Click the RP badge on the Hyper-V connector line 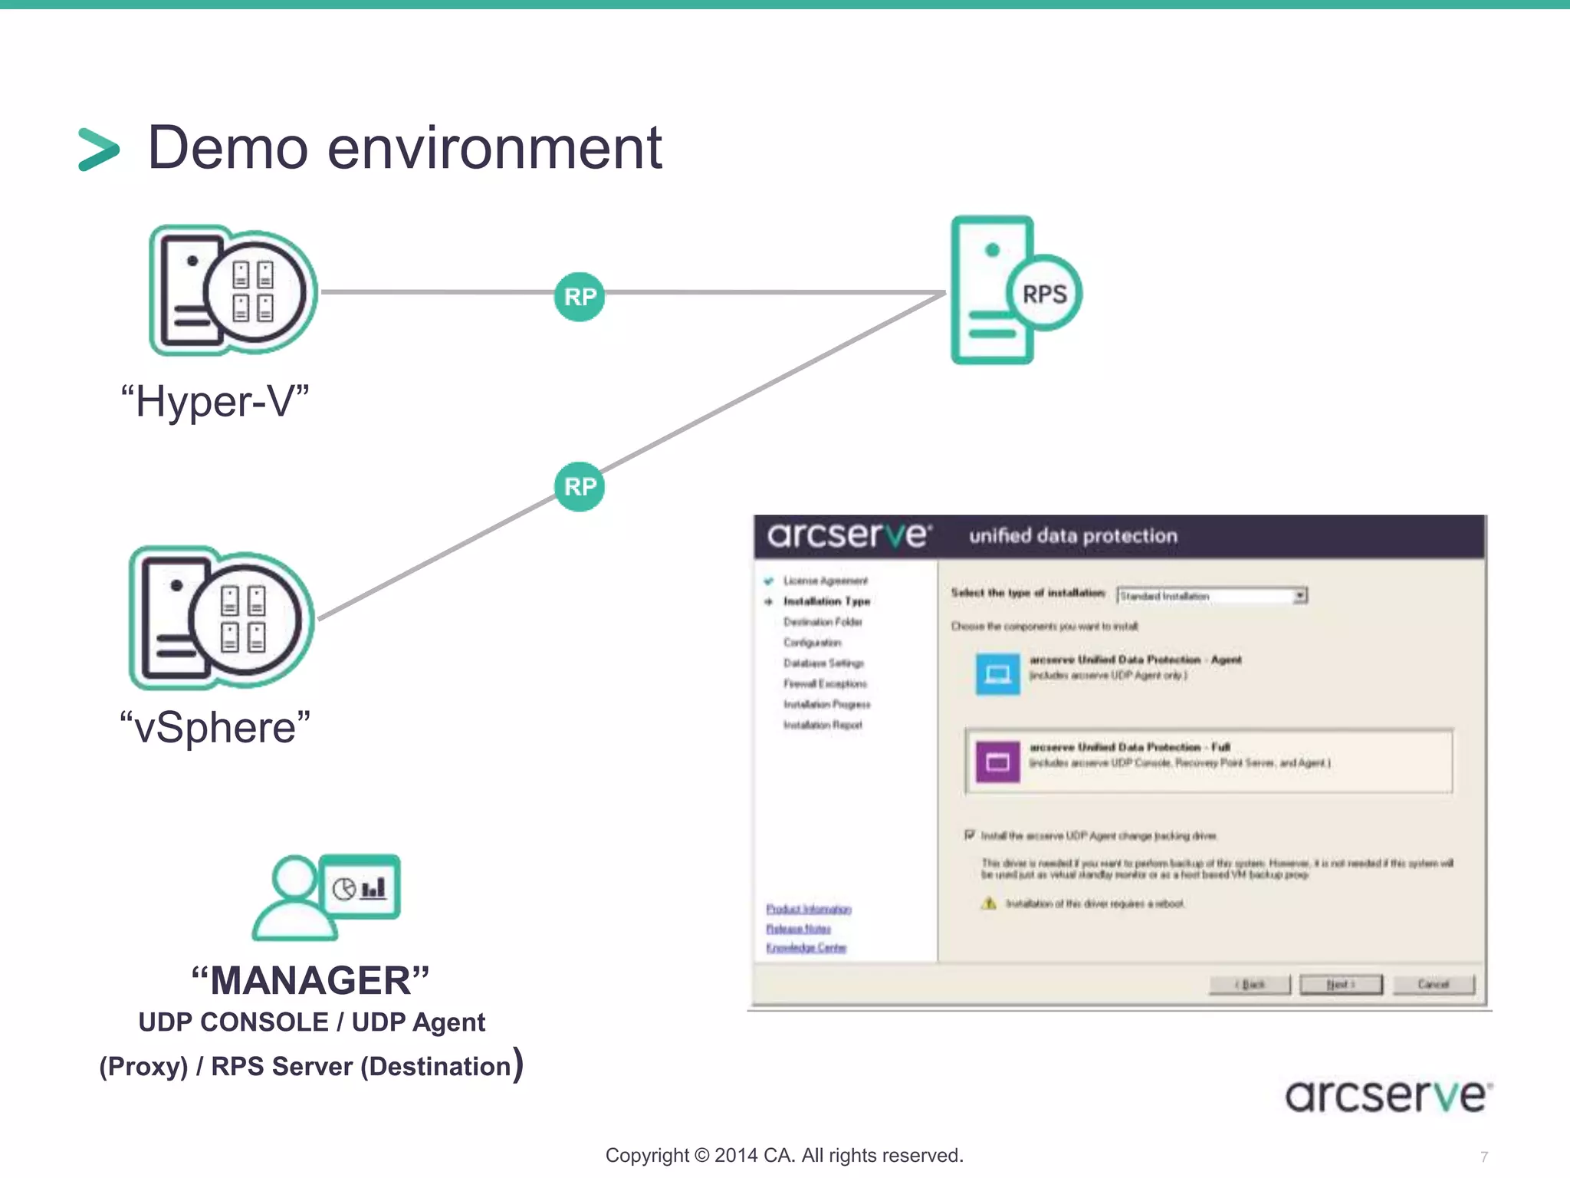coord(580,297)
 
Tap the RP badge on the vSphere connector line coord(580,486)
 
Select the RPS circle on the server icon coord(1044,294)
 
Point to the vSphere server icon coord(222,618)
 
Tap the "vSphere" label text coord(215,728)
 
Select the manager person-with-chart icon coord(327,897)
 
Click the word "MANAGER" coord(310,980)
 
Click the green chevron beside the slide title coord(99,149)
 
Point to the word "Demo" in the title coord(228,147)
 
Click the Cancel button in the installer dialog coord(1433,984)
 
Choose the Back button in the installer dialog coord(1250,984)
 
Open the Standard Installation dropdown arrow coord(1300,595)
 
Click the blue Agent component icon coord(997,674)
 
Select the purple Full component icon coord(997,762)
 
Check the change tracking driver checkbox coord(970,834)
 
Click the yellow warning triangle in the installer coord(990,903)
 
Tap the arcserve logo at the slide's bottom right coord(1388,1096)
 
